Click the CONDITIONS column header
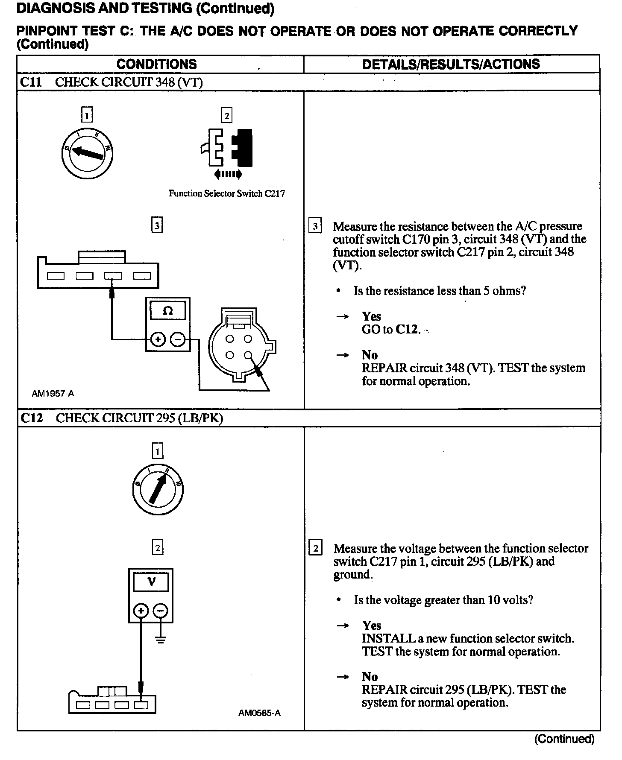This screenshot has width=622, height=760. click(x=156, y=64)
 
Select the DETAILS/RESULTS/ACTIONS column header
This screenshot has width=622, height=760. click(x=451, y=64)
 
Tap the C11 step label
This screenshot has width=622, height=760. click(x=31, y=82)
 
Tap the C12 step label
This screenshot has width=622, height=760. click(x=32, y=418)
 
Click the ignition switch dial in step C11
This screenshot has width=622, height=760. click(x=87, y=153)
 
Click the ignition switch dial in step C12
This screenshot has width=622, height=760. click(x=158, y=489)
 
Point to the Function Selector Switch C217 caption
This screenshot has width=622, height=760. click(x=226, y=193)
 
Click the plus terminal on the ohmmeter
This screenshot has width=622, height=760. click(x=158, y=339)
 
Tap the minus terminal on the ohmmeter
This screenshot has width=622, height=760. click(x=178, y=339)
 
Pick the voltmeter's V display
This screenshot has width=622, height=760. click(x=151, y=582)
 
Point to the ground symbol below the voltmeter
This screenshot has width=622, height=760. click(x=161, y=640)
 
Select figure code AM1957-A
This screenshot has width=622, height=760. click(x=53, y=393)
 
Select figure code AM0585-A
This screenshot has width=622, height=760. click(x=259, y=713)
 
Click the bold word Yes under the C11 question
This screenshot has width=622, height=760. click(x=371, y=316)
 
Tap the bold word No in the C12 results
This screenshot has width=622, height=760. click(x=370, y=676)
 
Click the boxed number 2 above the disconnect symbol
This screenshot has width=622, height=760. click(x=226, y=115)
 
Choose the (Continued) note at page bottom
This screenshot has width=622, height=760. click(x=564, y=739)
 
